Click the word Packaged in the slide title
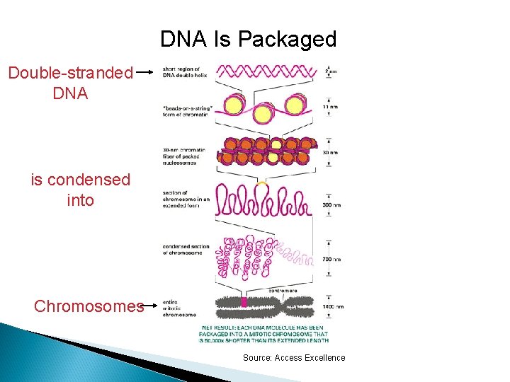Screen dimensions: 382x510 [288, 39]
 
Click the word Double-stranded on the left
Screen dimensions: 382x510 [70, 72]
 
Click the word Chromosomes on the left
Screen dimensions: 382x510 [89, 306]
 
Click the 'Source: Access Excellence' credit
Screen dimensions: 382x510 [294, 358]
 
